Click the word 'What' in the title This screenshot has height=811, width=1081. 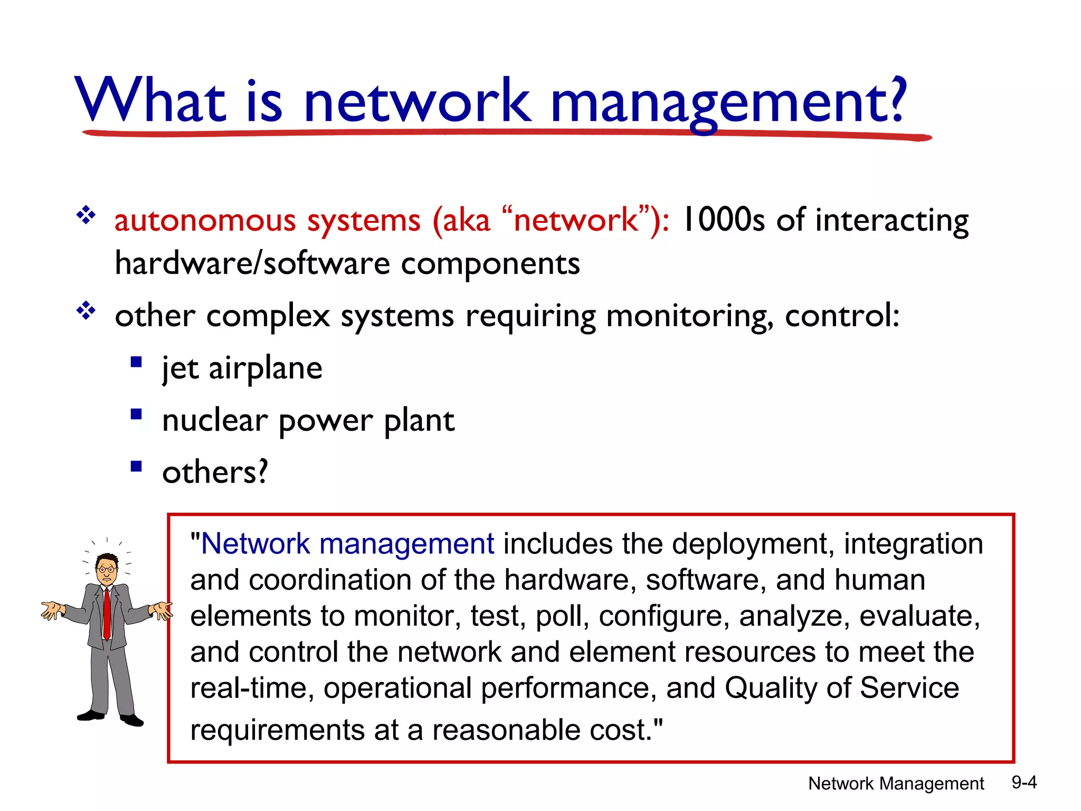pyautogui.click(x=151, y=100)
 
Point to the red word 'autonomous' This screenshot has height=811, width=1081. pyautogui.click(x=204, y=221)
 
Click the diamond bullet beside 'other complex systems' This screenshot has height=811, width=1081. pyautogui.click(x=86, y=311)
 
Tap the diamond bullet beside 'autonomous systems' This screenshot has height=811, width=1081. pyautogui.click(x=86, y=215)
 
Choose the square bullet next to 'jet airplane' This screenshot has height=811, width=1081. pyautogui.click(x=136, y=362)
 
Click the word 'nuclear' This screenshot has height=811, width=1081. pyautogui.click(x=214, y=421)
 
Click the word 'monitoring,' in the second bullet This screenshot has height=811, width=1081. pyautogui.click(x=689, y=317)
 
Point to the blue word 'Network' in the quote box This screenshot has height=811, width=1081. pyautogui.click(x=255, y=544)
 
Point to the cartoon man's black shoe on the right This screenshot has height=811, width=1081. pyautogui.click(x=132, y=720)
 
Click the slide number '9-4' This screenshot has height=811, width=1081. pyautogui.click(x=1023, y=782)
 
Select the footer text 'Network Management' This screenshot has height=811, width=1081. pyautogui.click(x=896, y=784)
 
